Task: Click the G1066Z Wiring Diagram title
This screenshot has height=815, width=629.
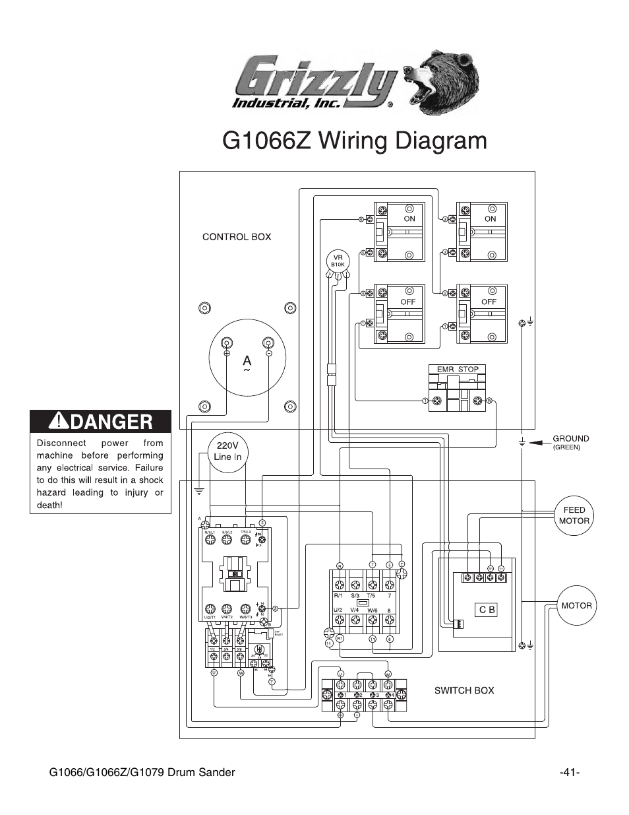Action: (355, 141)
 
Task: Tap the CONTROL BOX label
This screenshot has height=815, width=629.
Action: (236, 237)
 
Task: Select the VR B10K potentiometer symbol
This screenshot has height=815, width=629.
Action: (338, 261)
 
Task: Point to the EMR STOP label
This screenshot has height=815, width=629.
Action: (458, 370)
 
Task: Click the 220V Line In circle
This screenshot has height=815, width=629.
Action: (227, 452)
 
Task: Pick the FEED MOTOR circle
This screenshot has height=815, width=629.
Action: (574, 515)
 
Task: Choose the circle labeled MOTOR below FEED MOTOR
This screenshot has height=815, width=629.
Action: (576, 605)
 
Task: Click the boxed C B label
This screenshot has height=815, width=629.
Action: (487, 610)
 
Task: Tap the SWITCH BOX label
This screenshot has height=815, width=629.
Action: (464, 690)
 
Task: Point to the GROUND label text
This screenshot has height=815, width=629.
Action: (570, 438)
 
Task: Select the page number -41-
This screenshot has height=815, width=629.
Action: (568, 773)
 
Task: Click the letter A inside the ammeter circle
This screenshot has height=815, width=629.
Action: (247, 361)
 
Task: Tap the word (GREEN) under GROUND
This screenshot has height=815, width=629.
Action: (566, 447)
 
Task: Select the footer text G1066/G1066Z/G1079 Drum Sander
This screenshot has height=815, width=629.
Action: (142, 773)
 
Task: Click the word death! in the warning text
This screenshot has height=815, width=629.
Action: (49, 505)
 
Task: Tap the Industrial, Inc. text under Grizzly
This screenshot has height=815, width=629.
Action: (285, 102)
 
